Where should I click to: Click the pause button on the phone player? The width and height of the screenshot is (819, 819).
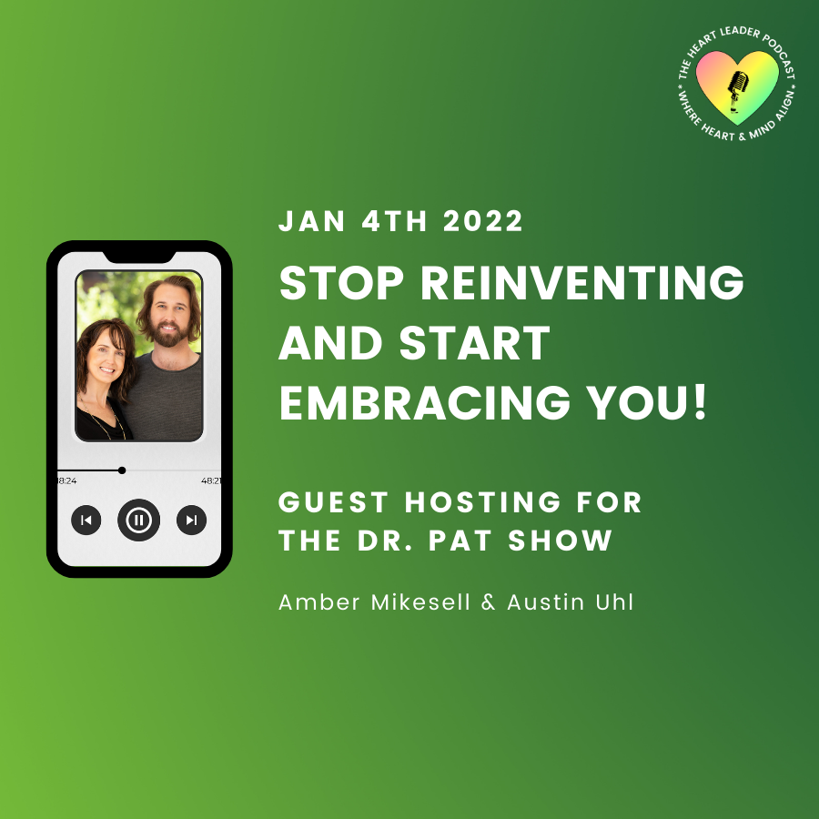pyautogui.click(x=138, y=521)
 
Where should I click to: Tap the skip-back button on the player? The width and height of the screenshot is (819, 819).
pyautogui.click(x=86, y=521)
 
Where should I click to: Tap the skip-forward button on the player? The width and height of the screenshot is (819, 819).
pyautogui.click(x=191, y=521)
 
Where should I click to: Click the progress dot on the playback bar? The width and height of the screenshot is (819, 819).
pyautogui.click(x=122, y=470)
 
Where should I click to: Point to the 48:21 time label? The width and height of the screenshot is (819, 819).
pyautogui.click(x=211, y=480)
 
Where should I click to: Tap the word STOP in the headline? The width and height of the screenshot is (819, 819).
pyautogui.click(x=339, y=284)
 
